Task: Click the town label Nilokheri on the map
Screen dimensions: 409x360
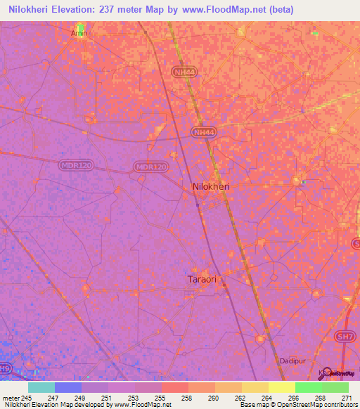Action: click(211, 187)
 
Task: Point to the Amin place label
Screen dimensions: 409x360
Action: click(78, 33)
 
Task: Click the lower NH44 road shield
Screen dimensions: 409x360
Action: click(204, 131)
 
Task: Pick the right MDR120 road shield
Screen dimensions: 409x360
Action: click(151, 167)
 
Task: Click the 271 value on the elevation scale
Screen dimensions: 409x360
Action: click(345, 397)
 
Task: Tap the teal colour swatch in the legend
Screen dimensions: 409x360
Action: click(41, 387)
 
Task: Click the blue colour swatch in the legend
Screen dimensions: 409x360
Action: click(68, 387)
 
